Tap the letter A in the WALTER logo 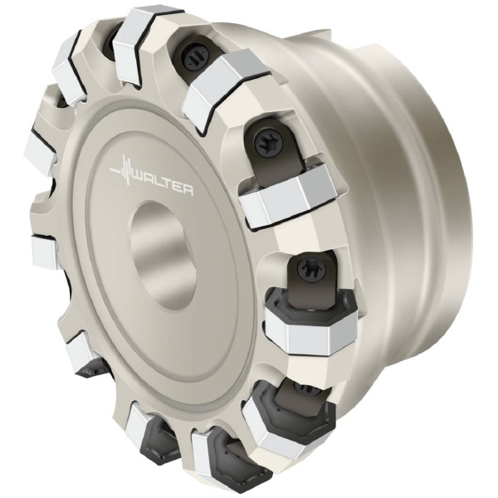[150, 180]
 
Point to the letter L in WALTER [159, 183]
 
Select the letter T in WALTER [168, 185]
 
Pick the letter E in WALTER [178, 188]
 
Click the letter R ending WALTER [188, 191]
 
